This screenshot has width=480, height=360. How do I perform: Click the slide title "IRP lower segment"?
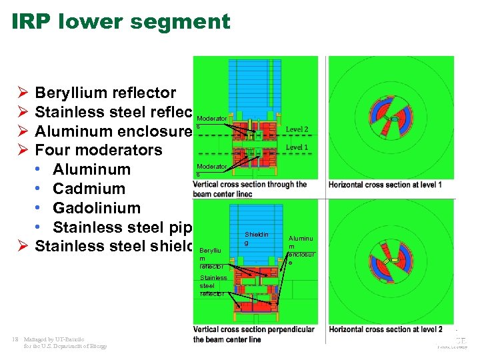121,21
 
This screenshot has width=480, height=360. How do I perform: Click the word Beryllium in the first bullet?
69,93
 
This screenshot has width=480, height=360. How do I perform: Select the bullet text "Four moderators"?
98,150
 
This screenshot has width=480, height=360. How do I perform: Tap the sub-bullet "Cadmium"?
89,189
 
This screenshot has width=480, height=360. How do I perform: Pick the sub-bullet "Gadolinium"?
97,208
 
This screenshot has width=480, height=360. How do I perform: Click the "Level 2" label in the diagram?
297,129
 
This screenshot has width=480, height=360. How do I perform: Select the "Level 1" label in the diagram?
297,147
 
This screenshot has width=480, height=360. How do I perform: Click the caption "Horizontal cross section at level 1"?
385,184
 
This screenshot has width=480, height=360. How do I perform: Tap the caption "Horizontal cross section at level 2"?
385,329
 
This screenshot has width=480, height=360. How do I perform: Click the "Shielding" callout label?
257,239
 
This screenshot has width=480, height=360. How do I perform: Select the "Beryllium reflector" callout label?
212,258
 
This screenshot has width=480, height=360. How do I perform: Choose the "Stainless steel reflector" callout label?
213,285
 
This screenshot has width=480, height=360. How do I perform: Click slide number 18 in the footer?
15,339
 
